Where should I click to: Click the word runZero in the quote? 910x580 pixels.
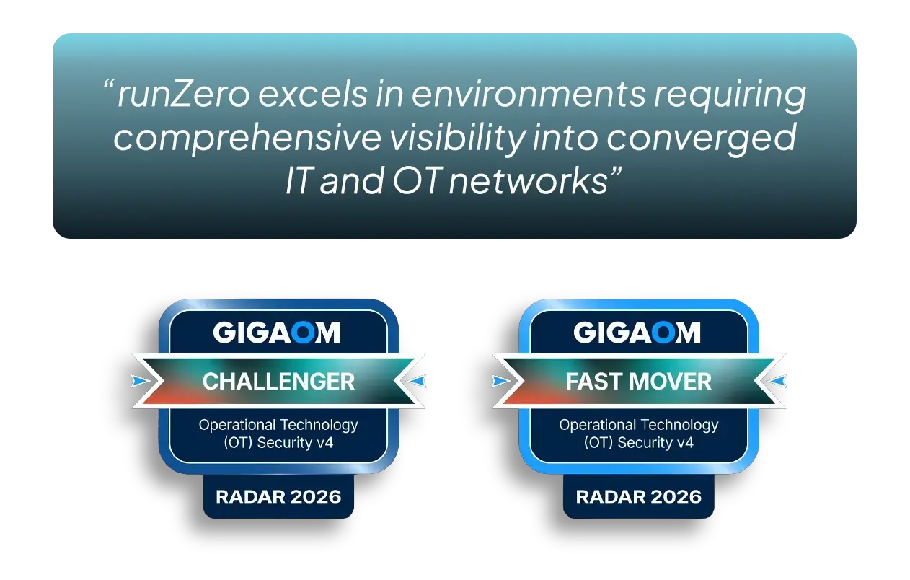[x=183, y=95]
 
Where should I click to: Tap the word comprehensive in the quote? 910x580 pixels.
[x=247, y=139]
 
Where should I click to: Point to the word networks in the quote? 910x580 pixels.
[x=529, y=180]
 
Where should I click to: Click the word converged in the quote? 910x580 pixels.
[x=702, y=139]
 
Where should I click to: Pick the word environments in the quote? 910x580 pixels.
[x=528, y=95]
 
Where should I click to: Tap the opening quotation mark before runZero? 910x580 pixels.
[x=108, y=84]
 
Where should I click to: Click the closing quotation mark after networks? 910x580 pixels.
[x=617, y=170]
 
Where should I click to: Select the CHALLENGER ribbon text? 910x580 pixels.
[x=278, y=382]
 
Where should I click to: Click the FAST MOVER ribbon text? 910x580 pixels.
[x=639, y=382]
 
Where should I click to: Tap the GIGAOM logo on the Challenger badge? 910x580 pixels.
[x=277, y=333]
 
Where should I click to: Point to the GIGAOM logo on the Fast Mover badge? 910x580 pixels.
[x=637, y=333]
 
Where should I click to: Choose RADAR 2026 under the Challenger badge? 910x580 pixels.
[x=278, y=496]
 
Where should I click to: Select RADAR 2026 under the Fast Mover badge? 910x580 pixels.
[x=639, y=496]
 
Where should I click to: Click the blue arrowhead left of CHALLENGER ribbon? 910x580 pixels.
[x=140, y=381]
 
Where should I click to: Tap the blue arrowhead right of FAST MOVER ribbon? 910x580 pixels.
[x=777, y=381]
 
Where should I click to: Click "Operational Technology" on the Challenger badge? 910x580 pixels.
[x=278, y=425]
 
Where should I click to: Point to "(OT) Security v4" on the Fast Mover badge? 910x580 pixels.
[x=639, y=443]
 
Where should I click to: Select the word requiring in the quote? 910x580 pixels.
[x=730, y=96]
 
